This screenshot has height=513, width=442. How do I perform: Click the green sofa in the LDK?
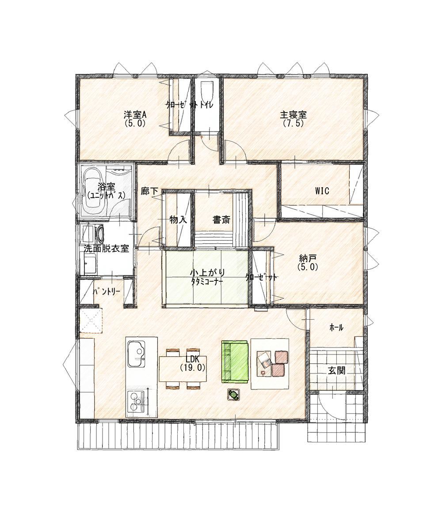point(234,361)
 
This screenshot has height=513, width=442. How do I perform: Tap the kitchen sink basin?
point(137,354)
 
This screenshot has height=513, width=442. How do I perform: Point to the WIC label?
point(322,191)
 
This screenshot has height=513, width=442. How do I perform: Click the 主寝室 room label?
point(293,115)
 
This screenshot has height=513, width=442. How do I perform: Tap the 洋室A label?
point(135,115)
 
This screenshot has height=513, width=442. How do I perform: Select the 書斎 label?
point(221,219)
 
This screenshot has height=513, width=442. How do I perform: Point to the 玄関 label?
point(336,371)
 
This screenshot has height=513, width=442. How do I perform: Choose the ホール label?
point(336,327)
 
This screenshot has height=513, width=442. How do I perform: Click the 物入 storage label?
point(178,219)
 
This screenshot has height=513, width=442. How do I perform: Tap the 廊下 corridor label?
point(149,191)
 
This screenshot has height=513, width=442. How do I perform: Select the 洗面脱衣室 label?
point(106,248)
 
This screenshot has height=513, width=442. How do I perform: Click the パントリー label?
point(107,291)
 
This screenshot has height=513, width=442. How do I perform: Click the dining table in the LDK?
point(183,369)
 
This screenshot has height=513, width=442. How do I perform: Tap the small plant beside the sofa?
point(234,394)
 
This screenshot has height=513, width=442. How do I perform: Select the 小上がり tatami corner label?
point(207,272)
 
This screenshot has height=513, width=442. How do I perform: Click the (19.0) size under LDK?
point(193,368)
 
